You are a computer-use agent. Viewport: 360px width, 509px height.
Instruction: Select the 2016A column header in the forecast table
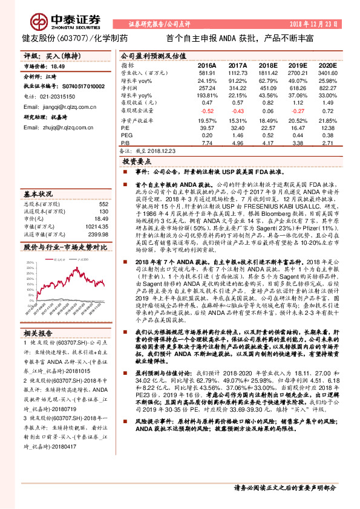click(207, 65)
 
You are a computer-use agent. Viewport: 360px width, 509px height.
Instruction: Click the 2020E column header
click(327, 65)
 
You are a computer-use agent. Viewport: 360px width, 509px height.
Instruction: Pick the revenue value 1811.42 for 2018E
click(268, 73)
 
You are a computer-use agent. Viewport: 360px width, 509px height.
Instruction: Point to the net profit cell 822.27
click(326, 88)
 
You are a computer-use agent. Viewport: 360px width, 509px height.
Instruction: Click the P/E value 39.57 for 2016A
click(207, 128)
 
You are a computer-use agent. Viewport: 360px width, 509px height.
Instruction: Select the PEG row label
click(126, 136)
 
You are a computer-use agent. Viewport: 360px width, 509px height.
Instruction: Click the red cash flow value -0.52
click(207, 111)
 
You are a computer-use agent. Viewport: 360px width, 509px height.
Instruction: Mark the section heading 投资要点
click(136, 163)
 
